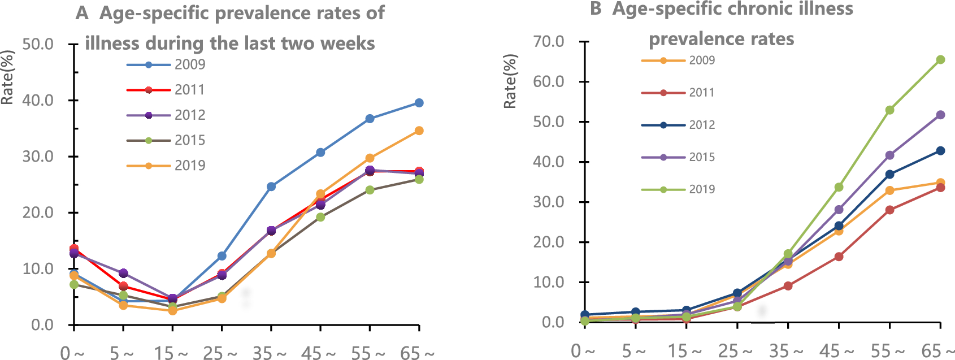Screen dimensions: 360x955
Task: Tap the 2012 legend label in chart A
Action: tap(189, 115)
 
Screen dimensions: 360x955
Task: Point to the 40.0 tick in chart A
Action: tap(37, 101)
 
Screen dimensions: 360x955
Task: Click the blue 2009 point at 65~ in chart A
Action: tap(419, 103)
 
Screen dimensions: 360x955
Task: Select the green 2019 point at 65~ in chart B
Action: tap(940, 60)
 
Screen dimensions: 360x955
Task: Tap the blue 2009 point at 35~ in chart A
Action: tap(271, 186)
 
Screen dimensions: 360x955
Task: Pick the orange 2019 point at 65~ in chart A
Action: tap(419, 131)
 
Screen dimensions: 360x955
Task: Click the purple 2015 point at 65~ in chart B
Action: tap(940, 115)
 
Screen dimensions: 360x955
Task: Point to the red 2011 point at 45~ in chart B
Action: tap(839, 257)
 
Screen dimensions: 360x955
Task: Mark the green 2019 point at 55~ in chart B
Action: tap(889, 110)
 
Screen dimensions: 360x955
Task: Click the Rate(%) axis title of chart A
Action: tap(7, 77)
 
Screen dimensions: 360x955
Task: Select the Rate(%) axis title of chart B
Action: tap(510, 81)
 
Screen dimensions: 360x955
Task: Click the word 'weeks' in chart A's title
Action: tap(348, 44)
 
